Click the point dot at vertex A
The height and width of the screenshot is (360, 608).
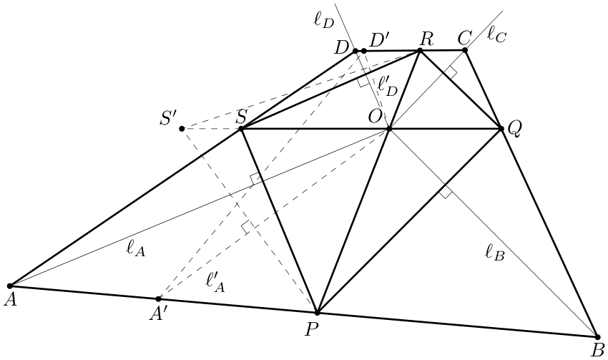pyautogui.click(x=10, y=286)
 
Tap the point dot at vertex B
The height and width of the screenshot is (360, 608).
pyautogui.click(x=597, y=337)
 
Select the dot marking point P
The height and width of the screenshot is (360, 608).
pyautogui.click(x=317, y=312)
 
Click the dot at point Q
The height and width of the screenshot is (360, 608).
pyautogui.click(x=501, y=128)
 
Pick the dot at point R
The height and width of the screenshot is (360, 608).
pyautogui.click(x=420, y=50)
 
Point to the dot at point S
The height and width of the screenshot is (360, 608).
pyautogui.click(x=241, y=129)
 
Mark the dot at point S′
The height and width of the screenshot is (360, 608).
pyautogui.click(x=182, y=129)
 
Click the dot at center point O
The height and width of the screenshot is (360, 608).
pyautogui.click(x=389, y=129)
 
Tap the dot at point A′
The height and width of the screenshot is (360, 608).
pyautogui.click(x=158, y=298)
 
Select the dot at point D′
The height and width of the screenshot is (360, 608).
pyautogui.click(x=363, y=51)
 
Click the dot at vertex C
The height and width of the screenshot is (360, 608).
pyautogui.click(x=465, y=50)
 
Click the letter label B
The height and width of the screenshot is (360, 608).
pyautogui.click(x=597, y=351)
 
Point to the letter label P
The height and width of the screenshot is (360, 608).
pyautogui.click(x=311, y=330)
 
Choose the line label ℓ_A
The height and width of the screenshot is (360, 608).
pyautogui.click(x=136, y=248)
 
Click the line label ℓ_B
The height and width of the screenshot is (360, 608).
pyautogui.click(x=495, y=253)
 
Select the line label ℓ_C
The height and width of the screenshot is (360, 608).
pyautogui.click(x=496, y=35)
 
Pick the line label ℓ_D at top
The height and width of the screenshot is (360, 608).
pyautogui.click(x=323, y=20)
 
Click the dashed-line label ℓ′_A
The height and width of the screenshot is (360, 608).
pyautogui.click(x=215, y=282)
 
